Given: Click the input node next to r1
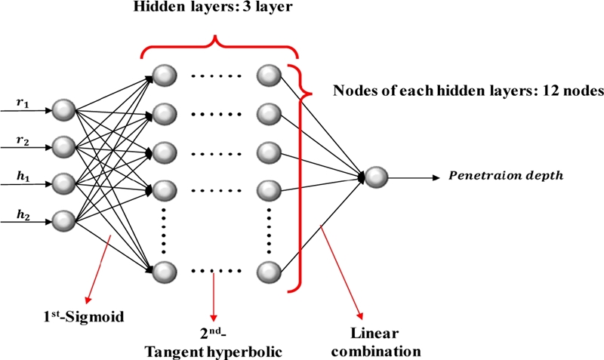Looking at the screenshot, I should click(65, 111).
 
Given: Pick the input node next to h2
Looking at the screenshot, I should click(65, 220).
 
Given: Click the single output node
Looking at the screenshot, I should click(377, 179).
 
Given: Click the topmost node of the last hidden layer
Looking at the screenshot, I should click(268, 75).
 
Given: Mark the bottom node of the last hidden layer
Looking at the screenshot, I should click(268, 269).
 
